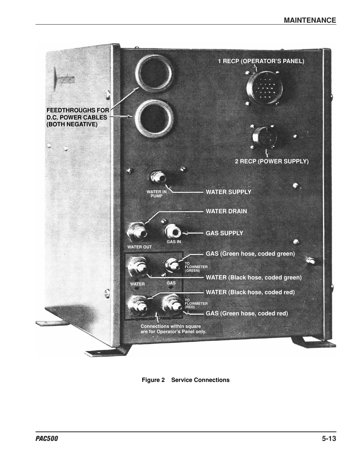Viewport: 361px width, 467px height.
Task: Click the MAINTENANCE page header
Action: pyautogui.click(x=310, y=20)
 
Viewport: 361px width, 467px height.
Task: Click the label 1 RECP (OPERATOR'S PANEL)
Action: pyautogui.click(x=261, y=61)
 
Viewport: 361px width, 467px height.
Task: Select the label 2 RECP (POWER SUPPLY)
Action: pyautogui.click(x=271, y=161)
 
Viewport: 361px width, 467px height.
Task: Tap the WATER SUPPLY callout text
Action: pyautogui.click(x=228, y=192)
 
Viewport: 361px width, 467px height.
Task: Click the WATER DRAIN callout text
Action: pyautogui.click(x=226, y=211)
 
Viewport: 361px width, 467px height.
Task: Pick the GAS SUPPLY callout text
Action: pyautogui.click(x=224, y=233)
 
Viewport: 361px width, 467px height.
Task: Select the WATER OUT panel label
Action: pyautogui.click(x=139, y=247)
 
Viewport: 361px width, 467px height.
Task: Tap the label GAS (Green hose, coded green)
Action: pyautogui.click(x=250, y=254)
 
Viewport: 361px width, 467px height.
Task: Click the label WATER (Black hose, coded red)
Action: pyautogui.click(x=250, y=292)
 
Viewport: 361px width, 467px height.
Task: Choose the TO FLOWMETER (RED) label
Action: pyautogui.click(x=196, y=304)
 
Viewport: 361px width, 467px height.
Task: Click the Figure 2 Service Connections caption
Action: pyautogui.click(x=185, y=380)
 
